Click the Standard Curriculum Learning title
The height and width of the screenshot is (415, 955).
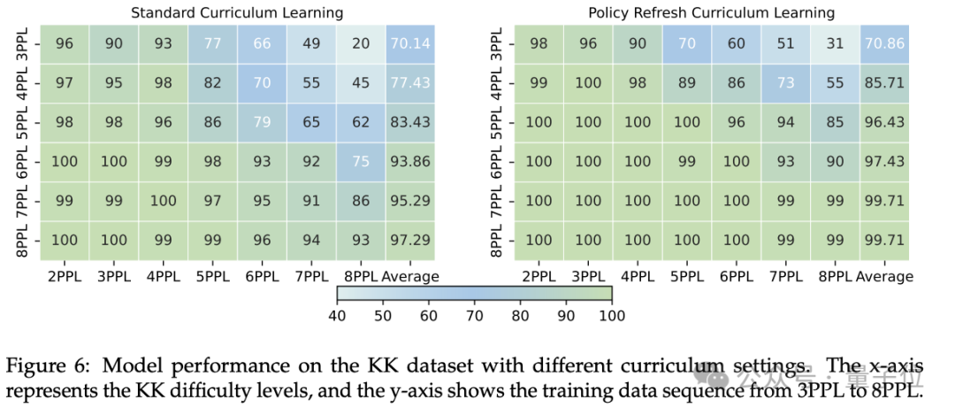click(237, 12)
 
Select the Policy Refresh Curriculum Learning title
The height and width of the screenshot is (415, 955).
click(711, 12)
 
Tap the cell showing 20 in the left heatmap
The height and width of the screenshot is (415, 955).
click(361, 44)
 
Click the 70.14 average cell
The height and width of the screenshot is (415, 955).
click(410, 44)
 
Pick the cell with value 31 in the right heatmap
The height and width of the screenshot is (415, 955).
click(835, 44)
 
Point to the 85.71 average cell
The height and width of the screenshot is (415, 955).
click(883, 83)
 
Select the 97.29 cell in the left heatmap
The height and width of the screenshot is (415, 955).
click(410, 240)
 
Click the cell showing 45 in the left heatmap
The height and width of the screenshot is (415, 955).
click(361, 83)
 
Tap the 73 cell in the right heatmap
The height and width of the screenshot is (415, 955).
click(785, 83)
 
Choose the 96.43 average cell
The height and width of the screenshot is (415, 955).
click(883, 122)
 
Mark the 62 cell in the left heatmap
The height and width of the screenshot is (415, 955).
click(361, 122)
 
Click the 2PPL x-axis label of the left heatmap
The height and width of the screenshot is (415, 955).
click(65, 277)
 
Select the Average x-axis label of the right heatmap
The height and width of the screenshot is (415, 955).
click(884, 277)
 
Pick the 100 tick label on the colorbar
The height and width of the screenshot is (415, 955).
click(612, 315)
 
